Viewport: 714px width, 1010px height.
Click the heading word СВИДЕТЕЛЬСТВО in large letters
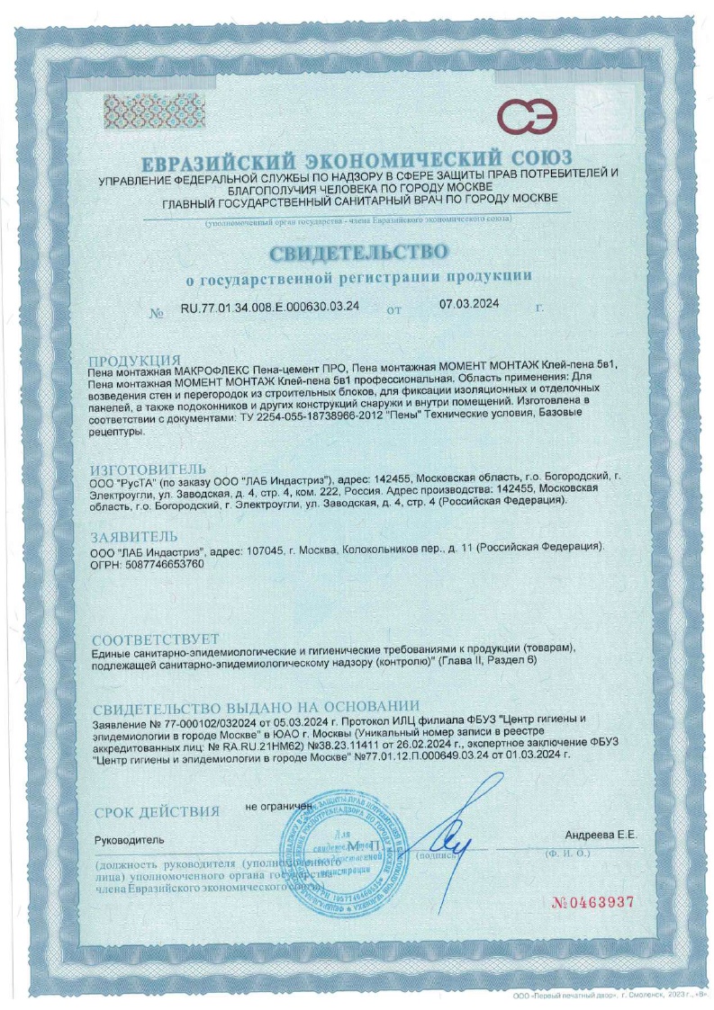coord(357,246)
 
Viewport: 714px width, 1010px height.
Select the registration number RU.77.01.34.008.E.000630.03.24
coord(270,306)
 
